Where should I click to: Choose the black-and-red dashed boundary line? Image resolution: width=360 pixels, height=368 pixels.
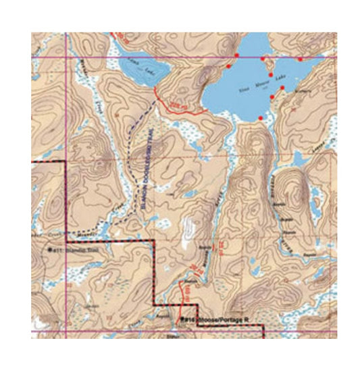(x=155, y=270)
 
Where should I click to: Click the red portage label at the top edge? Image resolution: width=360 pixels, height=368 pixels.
(x=119, y=34)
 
